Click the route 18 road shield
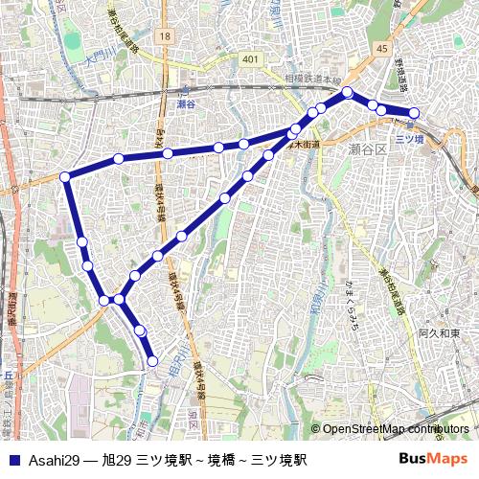[x=166, y=35]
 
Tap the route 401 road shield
[x=250, y=59]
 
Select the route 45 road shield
[x=382, y=48]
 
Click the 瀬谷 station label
[x=187, y=103]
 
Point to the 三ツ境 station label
[x=409, y=139]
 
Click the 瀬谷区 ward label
[x=367, y=149]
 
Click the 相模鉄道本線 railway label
[x=312, y=79]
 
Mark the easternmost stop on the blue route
[x=414, y=113]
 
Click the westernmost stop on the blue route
[x=65, y=176]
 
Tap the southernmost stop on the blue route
[x=152, y=361]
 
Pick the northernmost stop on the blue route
[x=347, y=92]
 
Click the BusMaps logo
[x=433, y=459]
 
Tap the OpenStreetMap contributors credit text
[x=395, y=429]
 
